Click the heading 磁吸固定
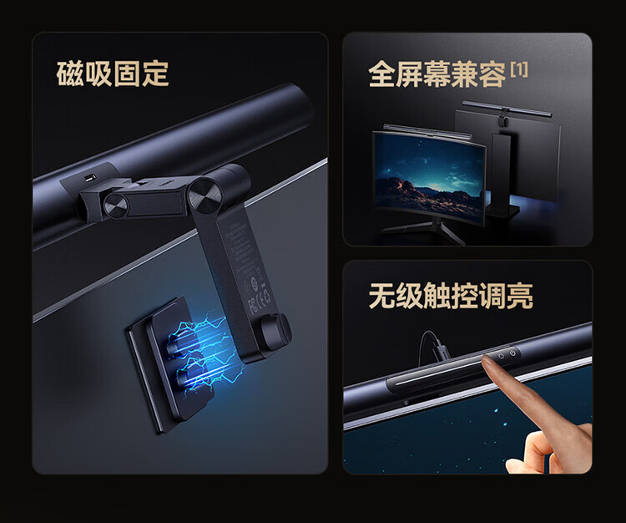point(113,74)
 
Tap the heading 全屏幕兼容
point(437,74)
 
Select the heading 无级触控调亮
point(451,295)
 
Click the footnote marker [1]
point(519,69)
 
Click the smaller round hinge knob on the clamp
point(115,206)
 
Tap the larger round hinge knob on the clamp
point(205,195)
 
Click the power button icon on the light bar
point(512,353)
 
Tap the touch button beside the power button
point(501,356)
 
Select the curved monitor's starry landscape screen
point(430,175)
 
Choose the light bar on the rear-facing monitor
point(507,109)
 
